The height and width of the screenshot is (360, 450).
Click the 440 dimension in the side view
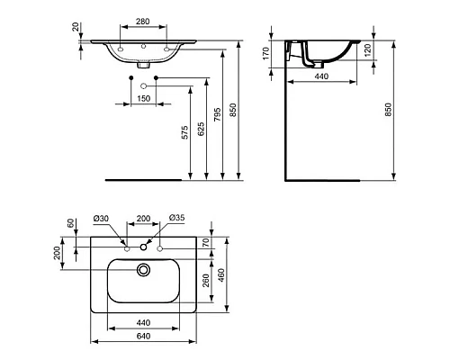(319, 78)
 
